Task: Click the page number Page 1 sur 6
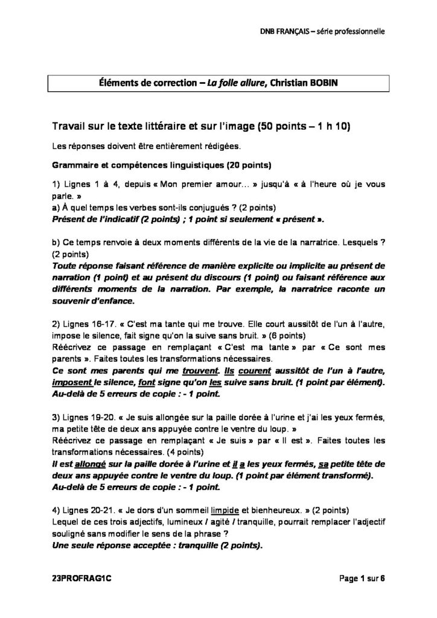point(362,578)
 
